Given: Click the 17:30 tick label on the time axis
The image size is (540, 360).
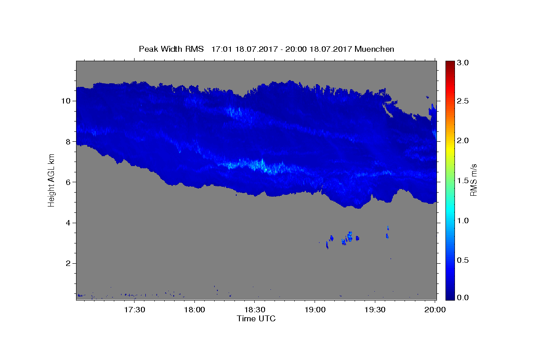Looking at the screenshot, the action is tap(135, 310).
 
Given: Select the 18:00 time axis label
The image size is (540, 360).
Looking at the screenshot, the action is tap(194, 310).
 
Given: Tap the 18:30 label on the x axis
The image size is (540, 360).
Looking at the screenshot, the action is tap(255, 310).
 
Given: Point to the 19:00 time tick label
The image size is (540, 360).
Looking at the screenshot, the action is tap(315, 310).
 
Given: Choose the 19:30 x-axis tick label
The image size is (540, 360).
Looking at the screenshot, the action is tap(375, 310).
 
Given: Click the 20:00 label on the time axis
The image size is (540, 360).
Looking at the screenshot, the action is tap(435, 310).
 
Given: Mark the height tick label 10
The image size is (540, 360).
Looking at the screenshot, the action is tap(66, 101).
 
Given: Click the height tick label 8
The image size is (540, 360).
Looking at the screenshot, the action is tap(68, 142).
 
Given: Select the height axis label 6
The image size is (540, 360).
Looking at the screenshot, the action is tap(68, 182).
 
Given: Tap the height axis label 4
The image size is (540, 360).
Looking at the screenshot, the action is tap(68, 223).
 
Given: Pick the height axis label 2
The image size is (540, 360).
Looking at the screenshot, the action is tap(68, 263).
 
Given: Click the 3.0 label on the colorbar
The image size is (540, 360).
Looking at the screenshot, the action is tap(463, 63).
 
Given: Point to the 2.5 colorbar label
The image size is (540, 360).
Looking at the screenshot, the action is tap(463, 101).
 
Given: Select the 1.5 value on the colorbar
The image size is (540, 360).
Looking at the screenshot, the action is tap(463, 180).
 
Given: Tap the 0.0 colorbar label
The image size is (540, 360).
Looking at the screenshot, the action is tap(463, 297).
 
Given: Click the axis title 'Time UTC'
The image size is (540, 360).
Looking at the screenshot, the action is tap(256, 319).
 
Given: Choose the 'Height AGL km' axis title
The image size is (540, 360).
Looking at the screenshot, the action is tap(51, 180).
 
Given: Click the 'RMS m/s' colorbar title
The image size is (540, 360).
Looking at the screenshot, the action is tap(474, 180).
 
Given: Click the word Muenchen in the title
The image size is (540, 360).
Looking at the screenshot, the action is tap(374, 49).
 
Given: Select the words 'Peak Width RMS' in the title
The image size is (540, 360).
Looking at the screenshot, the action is tap(171, 49).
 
